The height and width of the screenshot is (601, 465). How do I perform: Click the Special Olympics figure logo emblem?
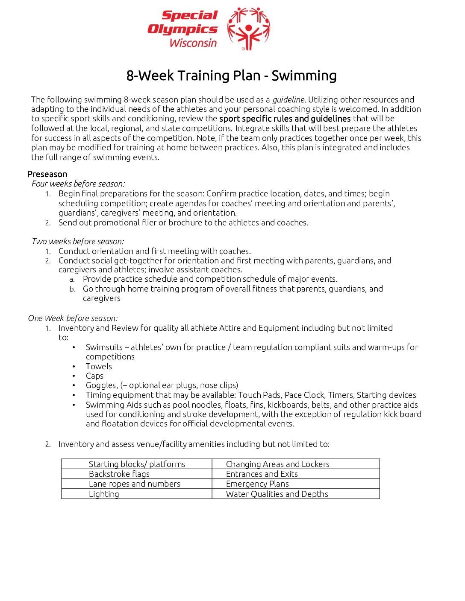[x=248, y=29]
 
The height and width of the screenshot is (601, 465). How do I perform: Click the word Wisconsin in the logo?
[x=193, y=43]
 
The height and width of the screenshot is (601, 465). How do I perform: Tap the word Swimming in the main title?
[x=304, y=76]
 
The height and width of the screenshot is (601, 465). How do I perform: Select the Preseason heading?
[x=47, y=174]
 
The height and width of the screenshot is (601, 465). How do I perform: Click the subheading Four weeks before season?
[x=78, y=184]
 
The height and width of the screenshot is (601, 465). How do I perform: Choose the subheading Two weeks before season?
[x=78, y=242]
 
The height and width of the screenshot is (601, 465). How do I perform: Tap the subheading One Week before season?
[x=73, y=318]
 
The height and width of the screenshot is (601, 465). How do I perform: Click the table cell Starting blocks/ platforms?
[x=137, y=464]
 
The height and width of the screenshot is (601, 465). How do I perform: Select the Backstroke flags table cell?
[x=119, y=474]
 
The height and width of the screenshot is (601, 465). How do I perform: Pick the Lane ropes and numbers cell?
[x=135, y=484]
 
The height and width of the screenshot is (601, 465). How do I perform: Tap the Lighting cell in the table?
[x=104, y=494]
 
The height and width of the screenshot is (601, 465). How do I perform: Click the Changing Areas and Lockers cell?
[x=278, y=464]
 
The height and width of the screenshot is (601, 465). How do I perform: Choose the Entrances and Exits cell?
[x=262, y=474]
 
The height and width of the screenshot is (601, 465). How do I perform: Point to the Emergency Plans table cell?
[x=257, y=484]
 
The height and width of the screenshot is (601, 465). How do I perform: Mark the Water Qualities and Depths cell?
[x=277, y=494]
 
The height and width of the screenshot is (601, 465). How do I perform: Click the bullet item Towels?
[x=99, y=366]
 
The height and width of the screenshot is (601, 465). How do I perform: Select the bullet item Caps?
[x=94, y=376]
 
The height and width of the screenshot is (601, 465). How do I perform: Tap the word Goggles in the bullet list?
[x=101, y=385]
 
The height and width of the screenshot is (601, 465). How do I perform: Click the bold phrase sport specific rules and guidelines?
[x=285, y=119]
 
